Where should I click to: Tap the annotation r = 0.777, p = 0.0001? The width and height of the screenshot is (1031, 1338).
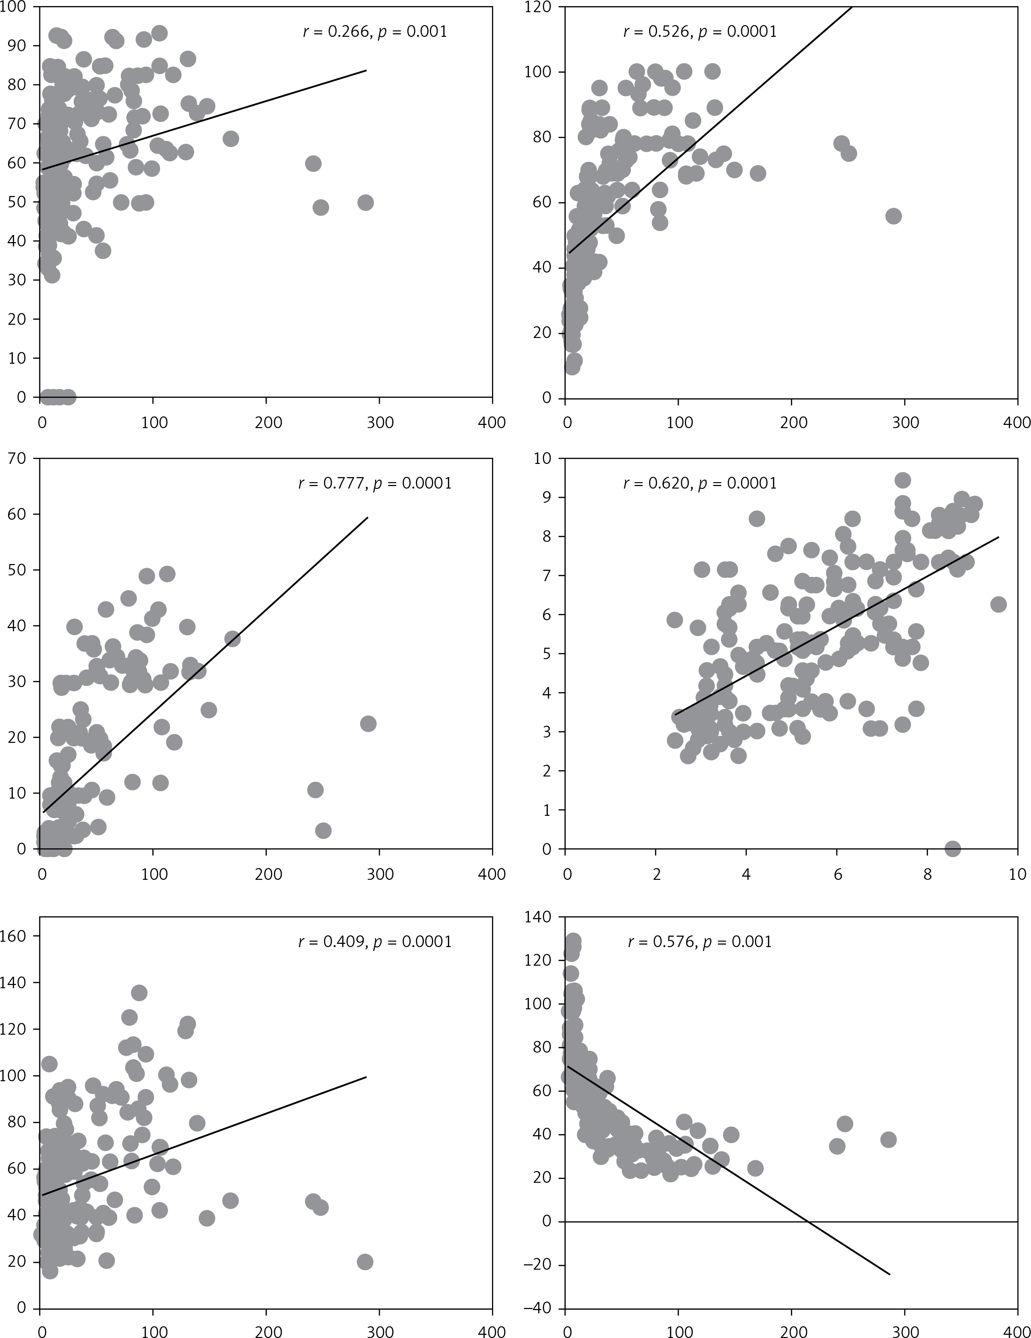click(375, 483)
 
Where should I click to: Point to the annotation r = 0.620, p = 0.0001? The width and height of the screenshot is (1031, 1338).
click(699, 483)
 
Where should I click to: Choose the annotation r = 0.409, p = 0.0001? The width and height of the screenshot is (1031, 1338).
click(375, 942)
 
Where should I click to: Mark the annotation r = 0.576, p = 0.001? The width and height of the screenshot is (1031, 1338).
click(699, 942)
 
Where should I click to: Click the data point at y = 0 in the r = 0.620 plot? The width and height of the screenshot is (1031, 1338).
click(953, 848)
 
